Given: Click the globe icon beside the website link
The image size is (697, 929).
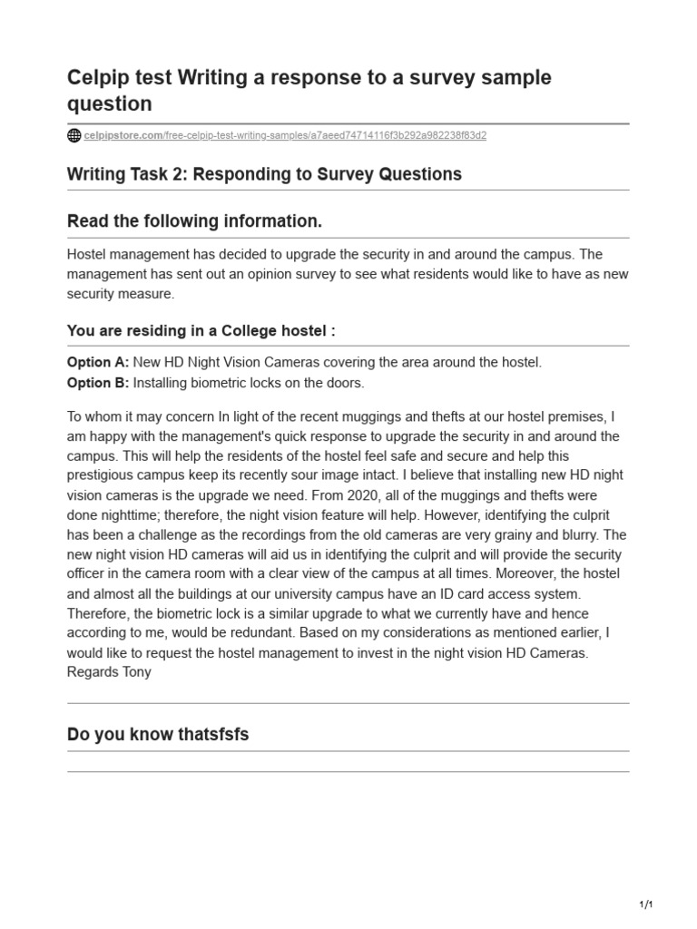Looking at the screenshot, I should point(74,136).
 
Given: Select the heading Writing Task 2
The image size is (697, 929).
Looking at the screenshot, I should point(264,174).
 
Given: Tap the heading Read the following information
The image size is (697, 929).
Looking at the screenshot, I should point(194,221).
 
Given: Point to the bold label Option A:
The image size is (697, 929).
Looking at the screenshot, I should point(98,362).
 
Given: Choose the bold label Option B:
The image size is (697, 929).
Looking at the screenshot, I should point(98,383).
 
